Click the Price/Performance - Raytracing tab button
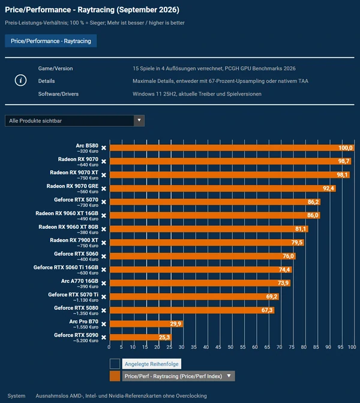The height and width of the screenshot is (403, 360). (x=51, y=41)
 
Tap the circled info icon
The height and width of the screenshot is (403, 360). (x=20, y=80)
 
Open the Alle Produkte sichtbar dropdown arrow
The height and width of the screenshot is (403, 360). (x=139, y=120)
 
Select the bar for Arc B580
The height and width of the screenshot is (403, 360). (x=232, y=148)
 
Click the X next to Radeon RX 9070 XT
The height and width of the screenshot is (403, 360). (x=104, y=175)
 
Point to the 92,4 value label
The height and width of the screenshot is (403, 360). (x=328, y=189)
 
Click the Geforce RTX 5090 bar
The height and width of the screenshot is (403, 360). (x=141, y=337)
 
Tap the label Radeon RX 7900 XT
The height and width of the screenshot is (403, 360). (x=74, y=240)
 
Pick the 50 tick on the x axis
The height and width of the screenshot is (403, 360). (x=230, y=347)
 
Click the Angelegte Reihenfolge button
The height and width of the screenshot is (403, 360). (x=151, y=364)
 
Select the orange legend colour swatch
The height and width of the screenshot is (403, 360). (x=115, y=376)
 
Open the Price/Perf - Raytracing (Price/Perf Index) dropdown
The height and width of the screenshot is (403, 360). (x=178, y=376)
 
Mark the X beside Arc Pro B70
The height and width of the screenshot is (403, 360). (x=104, y=324)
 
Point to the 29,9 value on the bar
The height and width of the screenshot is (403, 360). (x=176, y=324)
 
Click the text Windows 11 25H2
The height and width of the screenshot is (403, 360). (x=154, y=94)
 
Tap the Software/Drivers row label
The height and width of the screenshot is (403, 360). (x=58, y=94)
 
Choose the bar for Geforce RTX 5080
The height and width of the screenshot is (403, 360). (x=192, y=311)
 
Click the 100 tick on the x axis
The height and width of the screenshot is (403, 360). (x=352, y=347)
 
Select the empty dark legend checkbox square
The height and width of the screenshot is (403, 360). (x=115, y=364)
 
